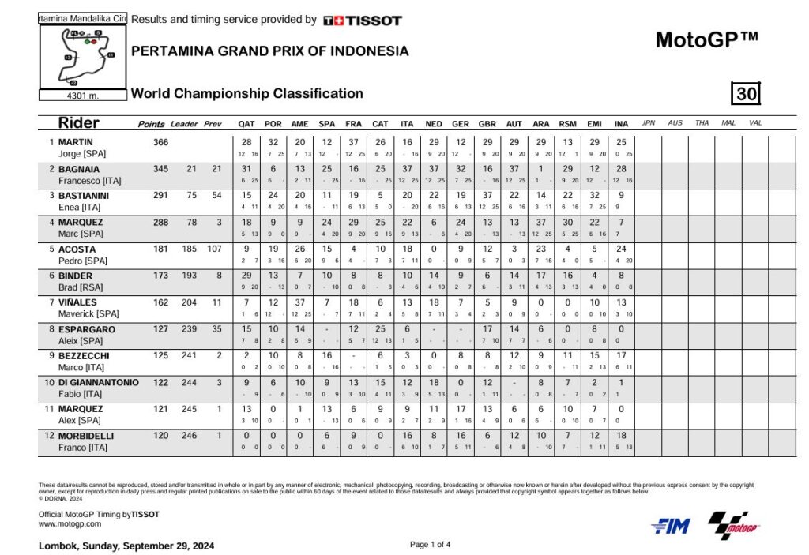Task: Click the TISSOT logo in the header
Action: coord(363,21)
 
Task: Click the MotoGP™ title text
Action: coord(707,39)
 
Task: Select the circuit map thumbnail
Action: coord(83,57)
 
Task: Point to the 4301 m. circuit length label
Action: coord(84,96)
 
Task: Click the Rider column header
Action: coord(79,123)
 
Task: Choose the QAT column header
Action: coord(246,124)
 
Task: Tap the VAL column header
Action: coord(755,123)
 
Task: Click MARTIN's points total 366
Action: coord(161,142)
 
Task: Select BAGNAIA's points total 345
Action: coord(161,169)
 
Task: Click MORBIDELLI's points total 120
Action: coord(161,436)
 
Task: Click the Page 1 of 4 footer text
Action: coord(431,544)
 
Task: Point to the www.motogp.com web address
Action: coord(70,523)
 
